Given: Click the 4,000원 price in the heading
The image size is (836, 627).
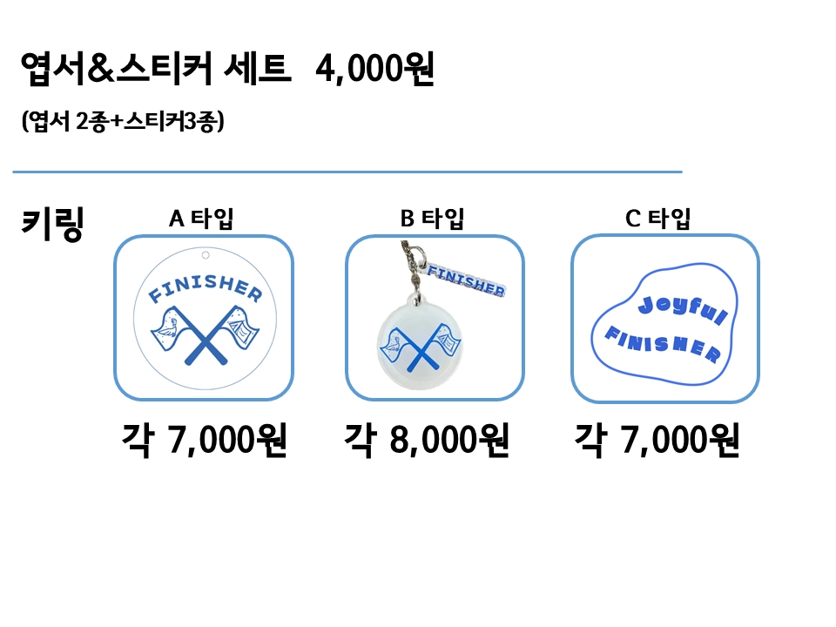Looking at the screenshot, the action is point(375,69).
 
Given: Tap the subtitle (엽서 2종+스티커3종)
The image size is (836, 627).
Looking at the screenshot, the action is point(124,122).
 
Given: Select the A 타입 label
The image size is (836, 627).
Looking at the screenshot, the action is point(201,219).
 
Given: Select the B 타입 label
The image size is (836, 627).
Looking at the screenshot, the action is point(432,219).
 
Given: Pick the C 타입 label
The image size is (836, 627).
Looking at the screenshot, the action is point(658,219).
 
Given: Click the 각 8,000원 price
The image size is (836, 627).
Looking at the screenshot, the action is point(427,442).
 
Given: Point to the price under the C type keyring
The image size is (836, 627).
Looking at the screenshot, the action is point(657,442).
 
